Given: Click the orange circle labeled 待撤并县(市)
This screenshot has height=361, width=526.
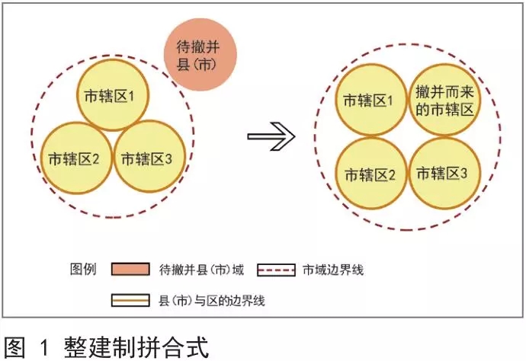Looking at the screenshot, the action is (x=200, y=55).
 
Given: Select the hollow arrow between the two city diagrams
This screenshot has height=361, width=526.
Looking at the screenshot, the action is (x=271, y=136).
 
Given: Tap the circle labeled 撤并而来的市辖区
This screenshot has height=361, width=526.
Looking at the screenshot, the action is (x=444, y=101).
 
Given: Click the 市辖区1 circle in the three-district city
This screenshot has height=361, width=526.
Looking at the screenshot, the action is (x=113, y=95).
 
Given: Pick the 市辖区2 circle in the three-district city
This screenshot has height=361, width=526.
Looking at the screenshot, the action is (x=76, y=158).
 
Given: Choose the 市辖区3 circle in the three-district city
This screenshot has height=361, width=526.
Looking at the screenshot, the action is (x=149, y=156).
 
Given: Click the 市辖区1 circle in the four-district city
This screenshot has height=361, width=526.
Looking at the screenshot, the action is (x=371, y=100).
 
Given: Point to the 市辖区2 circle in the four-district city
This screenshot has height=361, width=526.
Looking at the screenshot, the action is (x=371, y=174).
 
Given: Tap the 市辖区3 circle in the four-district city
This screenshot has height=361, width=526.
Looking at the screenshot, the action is (x=444, y=173).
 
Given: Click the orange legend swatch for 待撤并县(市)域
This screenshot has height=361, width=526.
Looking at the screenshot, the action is (x=130, y=269).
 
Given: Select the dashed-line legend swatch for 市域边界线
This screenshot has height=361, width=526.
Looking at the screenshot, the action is (x=276, y=270).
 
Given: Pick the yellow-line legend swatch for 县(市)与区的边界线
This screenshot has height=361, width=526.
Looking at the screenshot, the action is (x=130, y=300).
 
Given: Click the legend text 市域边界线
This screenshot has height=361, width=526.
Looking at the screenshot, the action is (x=333, y=270).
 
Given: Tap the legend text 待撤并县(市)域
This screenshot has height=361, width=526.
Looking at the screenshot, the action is (x=201, y=270).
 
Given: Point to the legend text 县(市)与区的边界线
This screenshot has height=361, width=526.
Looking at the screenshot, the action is (x=212, y=301).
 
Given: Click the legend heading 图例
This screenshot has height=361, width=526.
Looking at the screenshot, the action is (x=83, y=269).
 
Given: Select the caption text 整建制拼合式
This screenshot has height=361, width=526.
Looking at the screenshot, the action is (x=136, y=347).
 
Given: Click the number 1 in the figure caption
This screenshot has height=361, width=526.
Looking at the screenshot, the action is (x=44, y=347).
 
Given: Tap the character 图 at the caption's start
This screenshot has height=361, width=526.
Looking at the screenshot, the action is (x=14, y=347).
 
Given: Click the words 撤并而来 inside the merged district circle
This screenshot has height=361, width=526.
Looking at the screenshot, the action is (x=444, y=91).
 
